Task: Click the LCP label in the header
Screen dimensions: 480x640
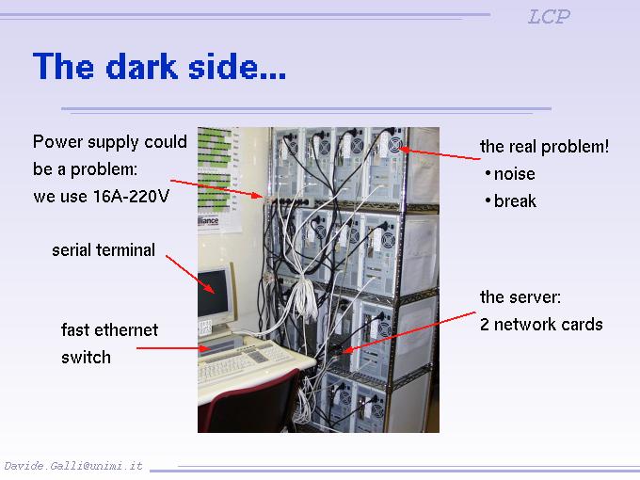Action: click(549, 17)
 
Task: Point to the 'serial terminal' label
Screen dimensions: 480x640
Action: click(104, 250)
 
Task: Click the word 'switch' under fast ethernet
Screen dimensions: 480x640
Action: click(86, 358)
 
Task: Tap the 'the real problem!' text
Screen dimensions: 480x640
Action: click(544, 146)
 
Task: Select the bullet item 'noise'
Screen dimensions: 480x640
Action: click(514, 174)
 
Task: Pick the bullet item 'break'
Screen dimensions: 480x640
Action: click(515, 201)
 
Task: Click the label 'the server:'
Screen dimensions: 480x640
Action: click(520, 297)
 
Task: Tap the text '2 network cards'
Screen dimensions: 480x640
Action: click(541, 325)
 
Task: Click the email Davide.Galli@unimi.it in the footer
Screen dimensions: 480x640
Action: click(73, 466)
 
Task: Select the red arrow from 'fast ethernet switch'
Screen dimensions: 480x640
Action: click(175, 348)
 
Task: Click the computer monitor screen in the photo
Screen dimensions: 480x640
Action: click(215, 294)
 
